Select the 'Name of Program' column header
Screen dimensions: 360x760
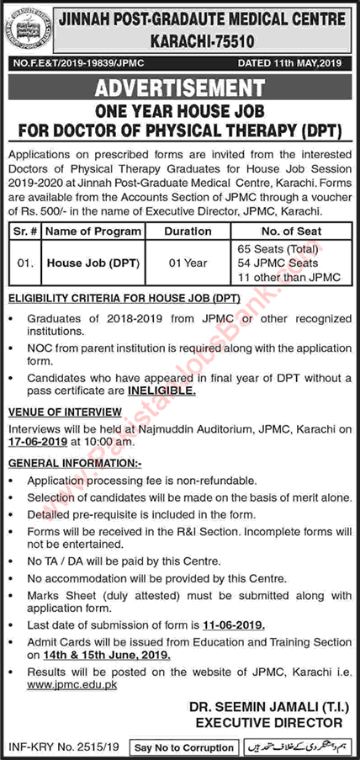point(85,231)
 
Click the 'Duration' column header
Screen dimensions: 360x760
point(188,231)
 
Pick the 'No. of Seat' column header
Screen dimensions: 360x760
point(288,231)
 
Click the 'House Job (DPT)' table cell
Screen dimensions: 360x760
point(92,263)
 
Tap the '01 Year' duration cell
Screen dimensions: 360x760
point(187,263)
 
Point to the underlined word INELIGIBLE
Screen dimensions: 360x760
point(163,391)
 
